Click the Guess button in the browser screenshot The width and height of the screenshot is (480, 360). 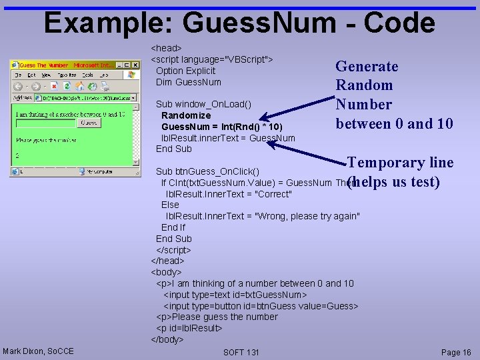89,123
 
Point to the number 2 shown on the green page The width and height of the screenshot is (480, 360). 17,156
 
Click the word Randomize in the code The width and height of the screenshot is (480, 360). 186,115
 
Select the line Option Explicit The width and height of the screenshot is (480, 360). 185,71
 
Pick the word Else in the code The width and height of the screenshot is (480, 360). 170,205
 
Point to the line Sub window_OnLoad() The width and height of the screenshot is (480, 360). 203,104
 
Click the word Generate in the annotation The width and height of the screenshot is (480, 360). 367,67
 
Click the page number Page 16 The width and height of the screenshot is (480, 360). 456,352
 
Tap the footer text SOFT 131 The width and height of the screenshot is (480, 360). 241,352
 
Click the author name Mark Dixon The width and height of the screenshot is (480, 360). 39,351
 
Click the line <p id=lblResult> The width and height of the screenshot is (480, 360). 189,328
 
